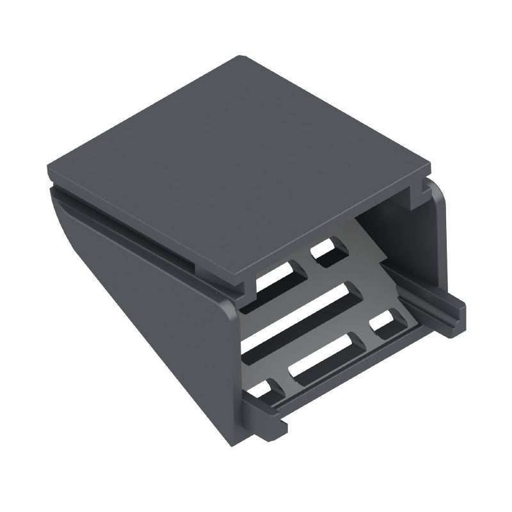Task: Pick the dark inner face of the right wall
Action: coord(384,230)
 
